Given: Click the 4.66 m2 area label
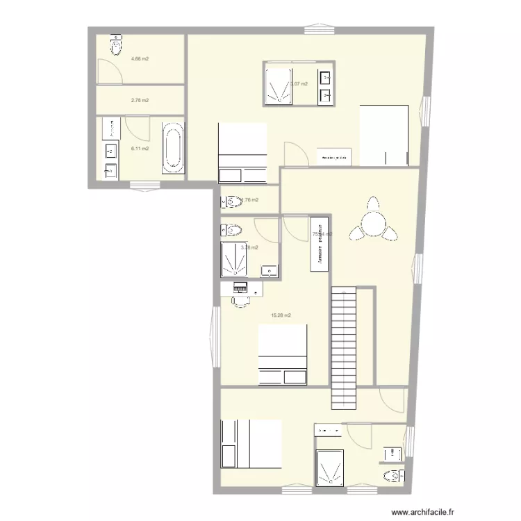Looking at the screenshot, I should [140, 59].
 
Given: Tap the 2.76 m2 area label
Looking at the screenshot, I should [140, 101].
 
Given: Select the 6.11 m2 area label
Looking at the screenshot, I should [140, 149].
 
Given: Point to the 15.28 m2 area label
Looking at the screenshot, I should [281, 315].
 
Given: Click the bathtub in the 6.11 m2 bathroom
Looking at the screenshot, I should [174, 148].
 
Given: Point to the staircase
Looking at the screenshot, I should [344, 347].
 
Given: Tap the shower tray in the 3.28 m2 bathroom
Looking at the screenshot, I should [238, 260].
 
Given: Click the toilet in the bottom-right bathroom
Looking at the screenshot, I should [393, 475].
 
